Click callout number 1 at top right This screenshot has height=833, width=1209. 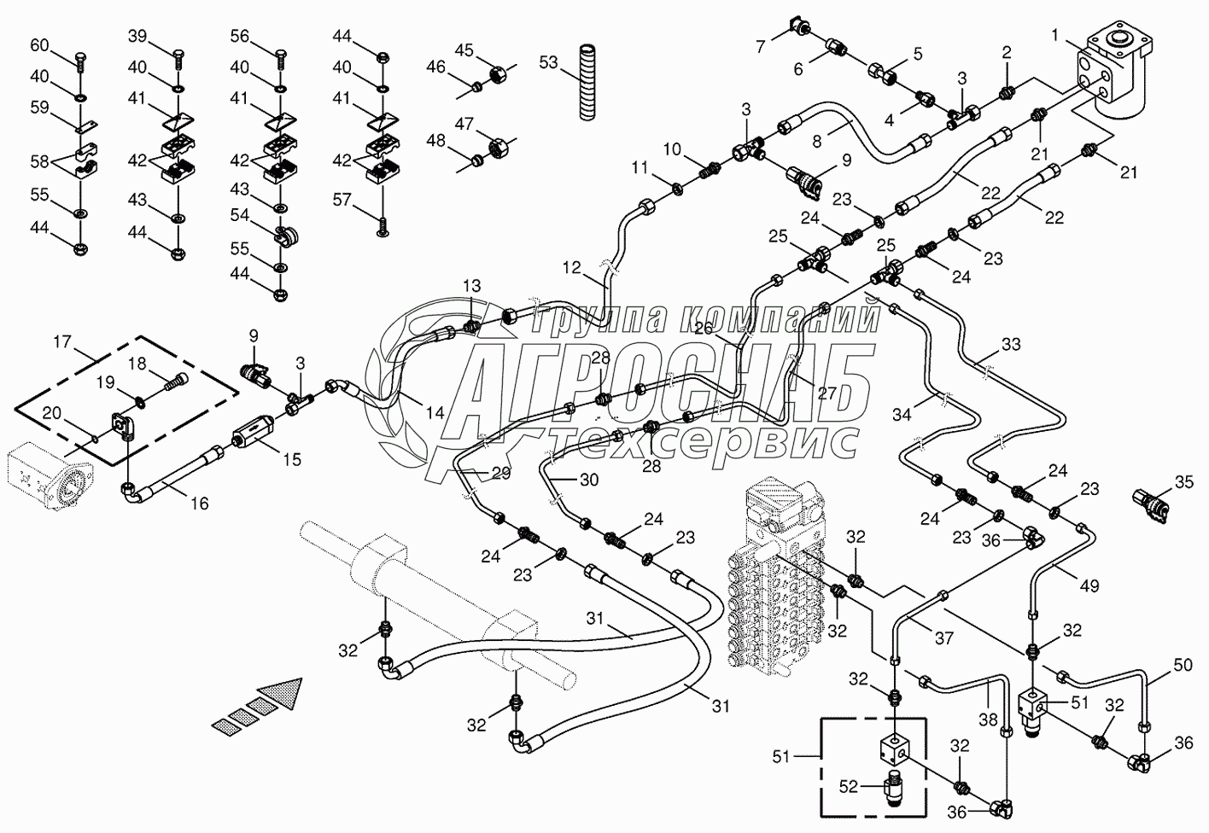click(x=1056, y=35)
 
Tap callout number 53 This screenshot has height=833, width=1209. click(x=548, y=62)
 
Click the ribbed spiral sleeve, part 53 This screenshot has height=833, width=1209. click(x=586, y=81)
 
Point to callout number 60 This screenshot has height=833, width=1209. click(x=40, y=45)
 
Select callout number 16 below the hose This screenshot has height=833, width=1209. click(x=199, y=504)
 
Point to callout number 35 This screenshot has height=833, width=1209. click(x=1183, y=483)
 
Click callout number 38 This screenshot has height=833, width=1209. click(x=988, y=719)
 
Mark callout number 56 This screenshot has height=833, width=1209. click(x=240, y=36)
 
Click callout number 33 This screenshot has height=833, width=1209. click(x=1010, y=345)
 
